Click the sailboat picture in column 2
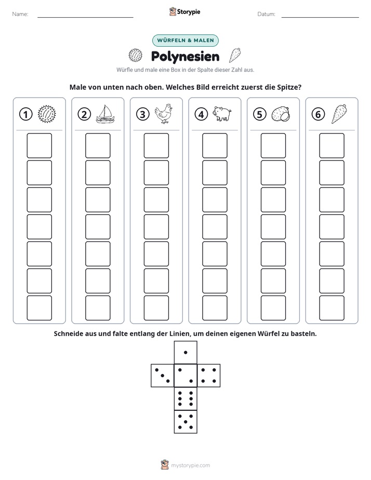click(105, 114)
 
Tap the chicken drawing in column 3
click(164, 114)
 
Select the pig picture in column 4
click(222, 114)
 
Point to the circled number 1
click(25, 114)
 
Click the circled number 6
click(318, 114)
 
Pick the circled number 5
click(260, 114)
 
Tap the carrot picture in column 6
click(339, 114)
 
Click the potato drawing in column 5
click(281, 114)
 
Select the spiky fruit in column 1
click(47, 114)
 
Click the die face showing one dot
click(186, 352)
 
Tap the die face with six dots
click(186, 398)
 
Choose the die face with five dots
click(186, 422)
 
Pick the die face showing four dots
click(209, 376)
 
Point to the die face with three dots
click(163, 376)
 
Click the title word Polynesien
click(185, 57)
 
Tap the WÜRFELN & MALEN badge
click(186, 41)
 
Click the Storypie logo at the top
click(184, 11)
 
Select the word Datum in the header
click(266, 14)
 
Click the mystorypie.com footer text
click(190, 465)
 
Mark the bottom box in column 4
click(215, 308)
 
